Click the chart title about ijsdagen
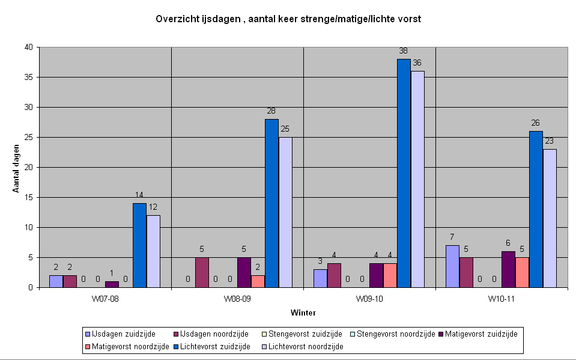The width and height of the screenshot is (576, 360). coord(288,19)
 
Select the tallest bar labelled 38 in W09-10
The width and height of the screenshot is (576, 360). coord(404,173)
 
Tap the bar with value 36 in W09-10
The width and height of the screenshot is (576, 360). coord(417,179)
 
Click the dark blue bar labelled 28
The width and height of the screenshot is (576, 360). coord(271,203)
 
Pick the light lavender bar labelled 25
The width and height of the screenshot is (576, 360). coord(285,212)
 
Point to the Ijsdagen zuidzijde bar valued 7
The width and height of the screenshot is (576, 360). coord(452,266)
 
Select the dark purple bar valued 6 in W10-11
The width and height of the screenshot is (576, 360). coord(508,269)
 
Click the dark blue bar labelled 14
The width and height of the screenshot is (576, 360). coord(139,245)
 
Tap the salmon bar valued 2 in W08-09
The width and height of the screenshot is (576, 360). coord(258,281)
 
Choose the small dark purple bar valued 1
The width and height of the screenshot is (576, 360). coord(112,284)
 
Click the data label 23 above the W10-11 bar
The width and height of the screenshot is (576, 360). coord(549,141)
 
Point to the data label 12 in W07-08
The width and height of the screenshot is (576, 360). coord(153,207)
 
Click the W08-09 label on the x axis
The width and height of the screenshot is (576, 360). coord(237,299)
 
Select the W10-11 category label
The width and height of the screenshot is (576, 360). coord(502,299)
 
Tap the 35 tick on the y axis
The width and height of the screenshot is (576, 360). coord(29,77)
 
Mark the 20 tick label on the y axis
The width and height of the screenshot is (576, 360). coord(29,167)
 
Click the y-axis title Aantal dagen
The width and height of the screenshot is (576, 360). coord(16,168)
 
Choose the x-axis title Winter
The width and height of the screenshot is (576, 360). coord(303,313)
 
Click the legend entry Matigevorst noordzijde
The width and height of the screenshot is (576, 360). coord(127,346)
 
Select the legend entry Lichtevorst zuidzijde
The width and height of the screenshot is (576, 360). coord(212,346)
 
